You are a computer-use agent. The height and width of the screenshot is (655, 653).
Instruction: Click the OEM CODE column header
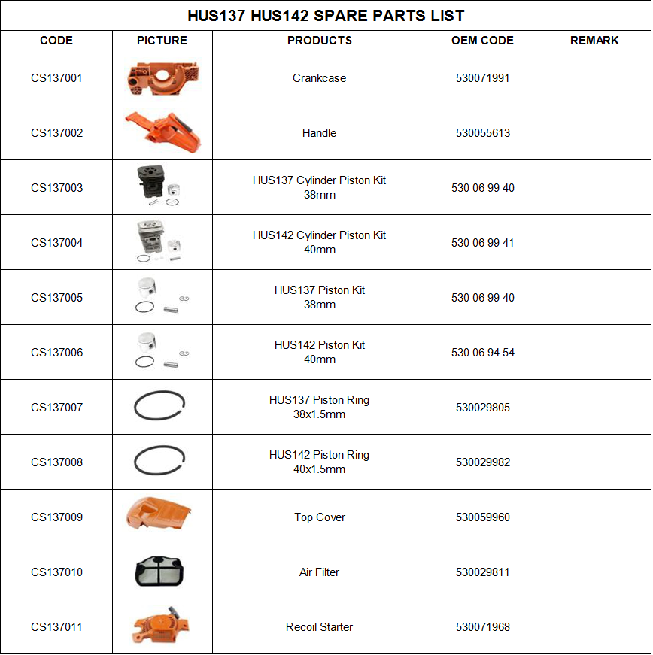pyautogui.click(x=482, y=41)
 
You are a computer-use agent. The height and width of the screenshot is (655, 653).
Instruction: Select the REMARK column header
pyautogui.click(x=594, y=41)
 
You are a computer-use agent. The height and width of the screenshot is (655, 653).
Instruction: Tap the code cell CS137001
pyautogui.click(x=56, y=78)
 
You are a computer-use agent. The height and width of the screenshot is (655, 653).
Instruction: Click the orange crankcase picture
pyautogui.click(x=162, y=77)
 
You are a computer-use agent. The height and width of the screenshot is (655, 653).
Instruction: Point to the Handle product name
pyautogui.click(x=319, y=133)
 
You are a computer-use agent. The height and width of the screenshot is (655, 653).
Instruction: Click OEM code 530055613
pyautogui.click(x=482, y=133)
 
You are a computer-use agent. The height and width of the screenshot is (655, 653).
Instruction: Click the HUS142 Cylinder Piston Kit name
pyautogui.click(x=319, y=242)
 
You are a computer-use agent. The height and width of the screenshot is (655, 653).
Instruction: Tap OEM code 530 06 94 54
pyautogui.click(x=482, y=353)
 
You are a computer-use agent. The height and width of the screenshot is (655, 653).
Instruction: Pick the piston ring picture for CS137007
pyautogui.click(x=159, y=408)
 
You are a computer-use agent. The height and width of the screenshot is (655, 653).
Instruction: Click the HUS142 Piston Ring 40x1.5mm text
pyautogui.click(x=319, y=462)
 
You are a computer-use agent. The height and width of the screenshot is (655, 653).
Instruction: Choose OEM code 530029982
pyautogui.click(x=482, y=462)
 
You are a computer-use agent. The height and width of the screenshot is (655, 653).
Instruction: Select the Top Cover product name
pyautogui.click(x=319, y=517)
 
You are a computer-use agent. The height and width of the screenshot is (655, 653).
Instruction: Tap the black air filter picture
pyautogui.click(x=159, y=572)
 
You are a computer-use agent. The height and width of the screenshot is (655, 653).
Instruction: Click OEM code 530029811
pyautogui.click(x=482, y=572)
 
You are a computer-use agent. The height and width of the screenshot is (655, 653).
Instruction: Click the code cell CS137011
pyautogui.click(x=56, y=627)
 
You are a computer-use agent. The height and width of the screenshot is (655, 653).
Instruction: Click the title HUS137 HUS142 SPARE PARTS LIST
pyautogui.click(x=326, y=16)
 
